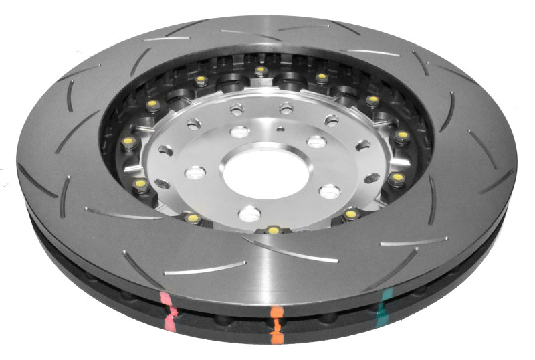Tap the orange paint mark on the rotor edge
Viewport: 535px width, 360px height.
coord(276,322)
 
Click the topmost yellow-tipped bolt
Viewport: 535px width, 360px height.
coord(259,70)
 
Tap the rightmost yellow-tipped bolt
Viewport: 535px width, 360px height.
coord(401,136)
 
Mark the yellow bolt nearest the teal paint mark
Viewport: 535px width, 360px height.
coord(351,215)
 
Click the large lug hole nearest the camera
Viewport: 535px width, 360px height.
coord(249,213)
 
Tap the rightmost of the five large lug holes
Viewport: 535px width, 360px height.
coord(329,192)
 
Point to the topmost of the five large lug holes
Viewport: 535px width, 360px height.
coord(240,131)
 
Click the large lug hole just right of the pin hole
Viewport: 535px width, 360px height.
coord(316,141)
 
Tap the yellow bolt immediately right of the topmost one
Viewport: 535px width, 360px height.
coord(321,78)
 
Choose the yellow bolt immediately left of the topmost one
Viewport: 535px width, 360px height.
coord(201,80)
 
